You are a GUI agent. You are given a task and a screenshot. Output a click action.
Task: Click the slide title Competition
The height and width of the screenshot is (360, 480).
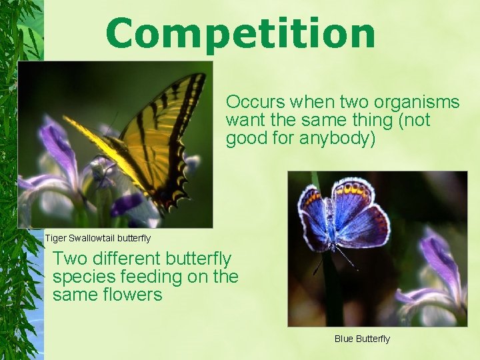point(240,33)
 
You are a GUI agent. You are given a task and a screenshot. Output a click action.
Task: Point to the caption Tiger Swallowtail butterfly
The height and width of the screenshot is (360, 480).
point(97,238)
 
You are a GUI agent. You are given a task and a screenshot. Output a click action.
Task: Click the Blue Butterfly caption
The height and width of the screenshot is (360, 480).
point(362,339)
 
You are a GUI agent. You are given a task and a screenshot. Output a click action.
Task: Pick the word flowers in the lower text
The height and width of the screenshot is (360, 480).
point(132,295)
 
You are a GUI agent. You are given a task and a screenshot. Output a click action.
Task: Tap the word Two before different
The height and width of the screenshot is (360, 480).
point(69,259)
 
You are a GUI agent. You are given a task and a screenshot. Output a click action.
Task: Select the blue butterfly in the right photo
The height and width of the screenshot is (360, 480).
point(343,217)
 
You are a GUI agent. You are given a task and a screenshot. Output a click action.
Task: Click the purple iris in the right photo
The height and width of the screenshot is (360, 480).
point(440,267)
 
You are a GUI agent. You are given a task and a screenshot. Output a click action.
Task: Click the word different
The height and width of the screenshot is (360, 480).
point(126,259)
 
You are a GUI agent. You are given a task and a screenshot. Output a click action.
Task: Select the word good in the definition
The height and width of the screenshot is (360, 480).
point(247,139)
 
